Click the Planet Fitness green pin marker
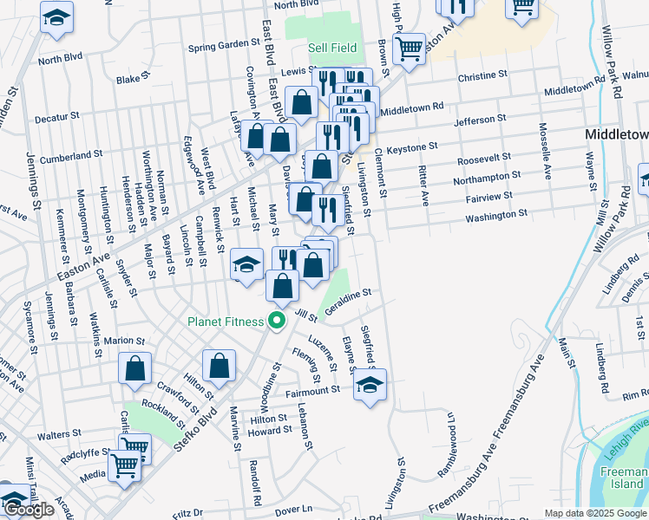[x=278, y=322]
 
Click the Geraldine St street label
[x=348, y=302]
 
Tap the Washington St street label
[x=495, y=215]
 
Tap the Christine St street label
[x=488, y=77]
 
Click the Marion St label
[x=122, y=341]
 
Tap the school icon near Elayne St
[x=370, y=385]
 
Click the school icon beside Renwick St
[x=246, y=263]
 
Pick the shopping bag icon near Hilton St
[x=220, y=366]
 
